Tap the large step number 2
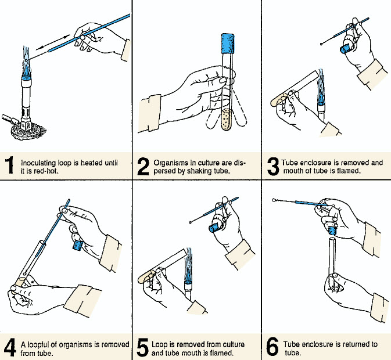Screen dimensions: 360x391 pos(143,165)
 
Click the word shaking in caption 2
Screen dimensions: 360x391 pos(202,171)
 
